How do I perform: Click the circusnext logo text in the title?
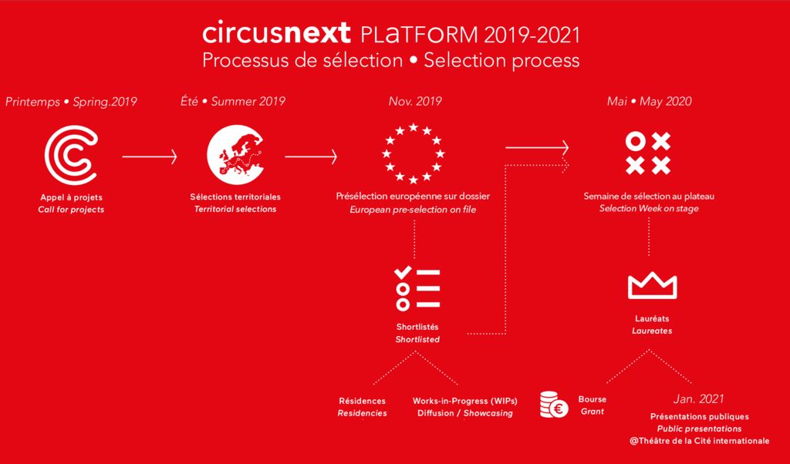pos(276,32)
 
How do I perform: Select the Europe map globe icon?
pos(235,154)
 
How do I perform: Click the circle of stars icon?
pos(414,153)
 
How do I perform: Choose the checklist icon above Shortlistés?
pos(417,288)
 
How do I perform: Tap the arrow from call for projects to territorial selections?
pos(150,156)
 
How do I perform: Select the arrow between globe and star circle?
pos(311,156)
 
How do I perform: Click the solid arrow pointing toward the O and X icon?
pos(537,147)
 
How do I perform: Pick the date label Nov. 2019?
pos(415,101)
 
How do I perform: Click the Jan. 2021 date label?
pos(698,399)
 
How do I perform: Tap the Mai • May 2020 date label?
pos(649,101)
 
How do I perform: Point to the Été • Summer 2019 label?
pos(233,101)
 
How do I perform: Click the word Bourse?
pos(592,399)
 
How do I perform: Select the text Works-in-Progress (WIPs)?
pos(465,401)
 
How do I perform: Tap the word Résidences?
pos(363,401)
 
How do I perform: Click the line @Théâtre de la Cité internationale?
pos(699,441)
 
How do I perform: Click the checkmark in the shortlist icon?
pos(403,272)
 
